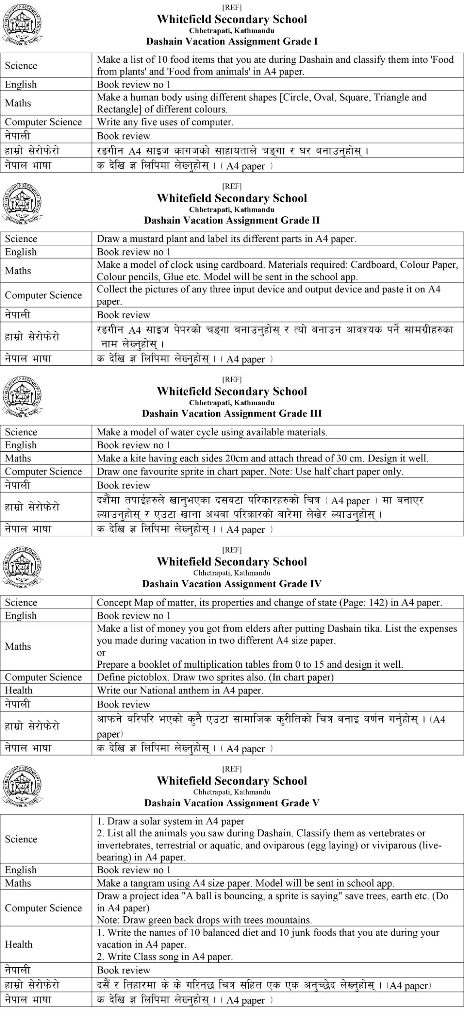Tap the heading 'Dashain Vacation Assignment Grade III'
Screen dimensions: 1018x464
pyautogui.click(x=232, y=414)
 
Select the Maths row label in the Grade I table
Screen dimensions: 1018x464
pyautogui.click(x=18, y=103)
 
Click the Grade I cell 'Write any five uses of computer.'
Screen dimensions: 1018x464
pyautogui.click(x=165, y=122)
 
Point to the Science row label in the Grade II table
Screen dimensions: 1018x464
pyautogui.click(x=21, y=239)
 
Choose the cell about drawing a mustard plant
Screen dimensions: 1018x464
pyautogui.click(x=226, y=239)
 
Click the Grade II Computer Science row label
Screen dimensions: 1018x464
pyautogui.click(x=43, y=295)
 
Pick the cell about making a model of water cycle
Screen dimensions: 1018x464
pyautogui.click(x=212, y=432)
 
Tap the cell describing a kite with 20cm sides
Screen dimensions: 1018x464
pyautogui.click(x=263, y=459)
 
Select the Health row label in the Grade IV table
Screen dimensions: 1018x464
pyautogui.click(x=18, y=690)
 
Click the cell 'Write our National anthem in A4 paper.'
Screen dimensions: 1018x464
pyautogui.click(x=180, y=690)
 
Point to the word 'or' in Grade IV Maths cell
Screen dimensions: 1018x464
pyautogui.click(x=101, y=653)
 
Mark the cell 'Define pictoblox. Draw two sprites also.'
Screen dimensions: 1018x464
pyautogui.click(x=215, y=677)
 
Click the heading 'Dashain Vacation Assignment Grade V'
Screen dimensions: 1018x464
pyautogui.click(x=232, y=803)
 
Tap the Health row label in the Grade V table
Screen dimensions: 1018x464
pyautogui.click(x=18, y=944)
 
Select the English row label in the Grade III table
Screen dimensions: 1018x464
pyautogui.click(x=21, y=445)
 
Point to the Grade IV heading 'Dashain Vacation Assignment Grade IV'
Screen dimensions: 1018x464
pyautogui.click(x=232, y=584)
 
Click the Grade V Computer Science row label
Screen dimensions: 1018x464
pyautogui.click(x=43, y=908)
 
